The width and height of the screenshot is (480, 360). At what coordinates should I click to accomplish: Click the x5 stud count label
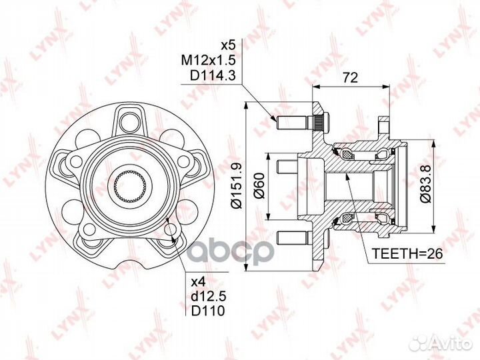(x=228, y=46)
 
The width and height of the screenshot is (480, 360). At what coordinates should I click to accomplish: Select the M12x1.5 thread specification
(x=208, y=61)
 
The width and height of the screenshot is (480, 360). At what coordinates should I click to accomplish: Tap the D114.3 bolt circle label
(x=213, y=75)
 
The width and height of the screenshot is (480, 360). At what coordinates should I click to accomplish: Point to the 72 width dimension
(x=350, y=78)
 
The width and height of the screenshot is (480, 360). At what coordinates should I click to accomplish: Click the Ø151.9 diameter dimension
(x=237, y=185)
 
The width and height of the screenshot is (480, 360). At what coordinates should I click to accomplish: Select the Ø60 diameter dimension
(x=259, y=186)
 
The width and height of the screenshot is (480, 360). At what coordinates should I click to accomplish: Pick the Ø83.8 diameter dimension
(x=425, y=184)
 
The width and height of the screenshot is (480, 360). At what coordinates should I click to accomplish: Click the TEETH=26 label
(x=407, y=253)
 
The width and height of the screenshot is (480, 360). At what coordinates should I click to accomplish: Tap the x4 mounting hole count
(x=199, y=281)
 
